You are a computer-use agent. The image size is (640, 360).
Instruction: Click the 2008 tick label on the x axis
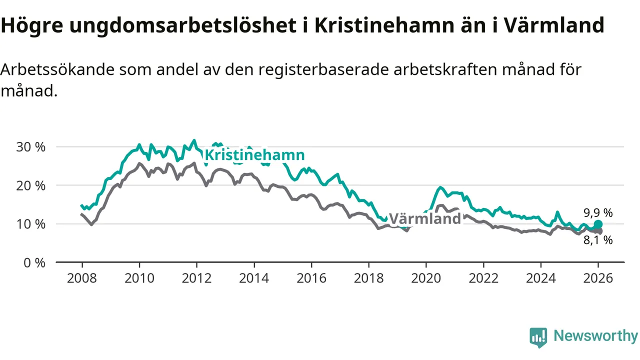82,278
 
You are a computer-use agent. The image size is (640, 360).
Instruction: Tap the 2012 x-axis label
196,278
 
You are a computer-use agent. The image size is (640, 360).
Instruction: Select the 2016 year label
311,278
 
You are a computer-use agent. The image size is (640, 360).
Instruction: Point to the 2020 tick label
426,278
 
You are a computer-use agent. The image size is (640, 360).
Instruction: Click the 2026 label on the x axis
598,278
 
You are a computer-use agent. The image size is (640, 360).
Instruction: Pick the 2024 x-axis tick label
540,278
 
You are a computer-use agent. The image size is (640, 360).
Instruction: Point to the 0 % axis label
34,262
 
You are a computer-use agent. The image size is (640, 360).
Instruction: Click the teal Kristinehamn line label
254,155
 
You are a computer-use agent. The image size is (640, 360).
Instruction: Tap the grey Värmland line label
425,218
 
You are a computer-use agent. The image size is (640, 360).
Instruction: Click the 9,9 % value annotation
598,212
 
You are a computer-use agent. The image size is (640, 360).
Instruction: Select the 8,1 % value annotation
598,240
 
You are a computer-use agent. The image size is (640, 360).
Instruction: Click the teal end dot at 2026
598,224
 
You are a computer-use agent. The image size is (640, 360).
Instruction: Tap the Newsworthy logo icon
538,337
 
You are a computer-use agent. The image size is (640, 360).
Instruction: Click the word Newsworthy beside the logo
595,335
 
